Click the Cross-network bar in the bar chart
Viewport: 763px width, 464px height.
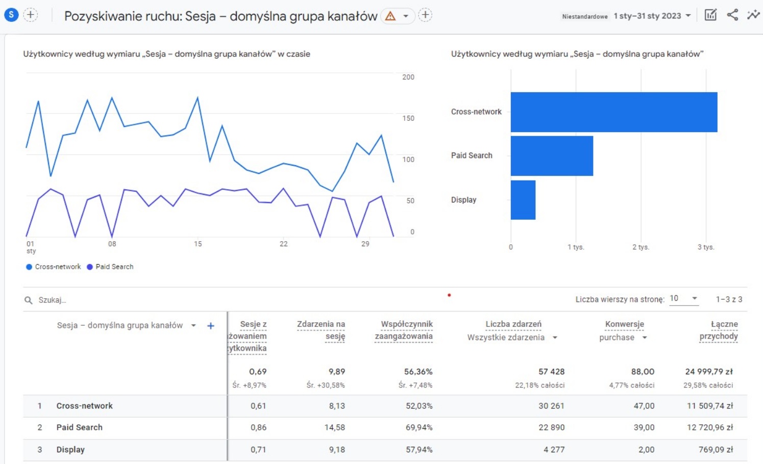(x=613, y=112)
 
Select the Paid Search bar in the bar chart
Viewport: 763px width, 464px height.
(x=552, y=156)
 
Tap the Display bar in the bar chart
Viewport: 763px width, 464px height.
(x=523, y=200)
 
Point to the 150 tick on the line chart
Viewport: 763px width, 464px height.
(x=408, y=118)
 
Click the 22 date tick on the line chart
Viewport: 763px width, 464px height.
(x=283, y=244)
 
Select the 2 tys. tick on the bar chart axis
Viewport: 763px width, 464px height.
(x=641, y=247)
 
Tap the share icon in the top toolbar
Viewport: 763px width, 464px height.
(x=732, y=15)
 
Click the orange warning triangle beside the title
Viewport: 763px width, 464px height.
(x=390, y=16)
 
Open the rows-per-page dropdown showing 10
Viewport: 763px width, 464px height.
(x=683, y=298)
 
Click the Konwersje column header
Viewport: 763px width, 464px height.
(x=624, y=324)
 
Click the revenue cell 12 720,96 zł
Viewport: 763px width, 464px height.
(x=709, y=427)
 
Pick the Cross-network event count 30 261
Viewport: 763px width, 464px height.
(x=551, y=406)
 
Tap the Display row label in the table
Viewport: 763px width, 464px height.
(x=70, y=450)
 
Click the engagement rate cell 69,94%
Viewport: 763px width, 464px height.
(x=419, y=427)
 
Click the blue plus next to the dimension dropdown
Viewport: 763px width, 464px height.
(x=211, y=326)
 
